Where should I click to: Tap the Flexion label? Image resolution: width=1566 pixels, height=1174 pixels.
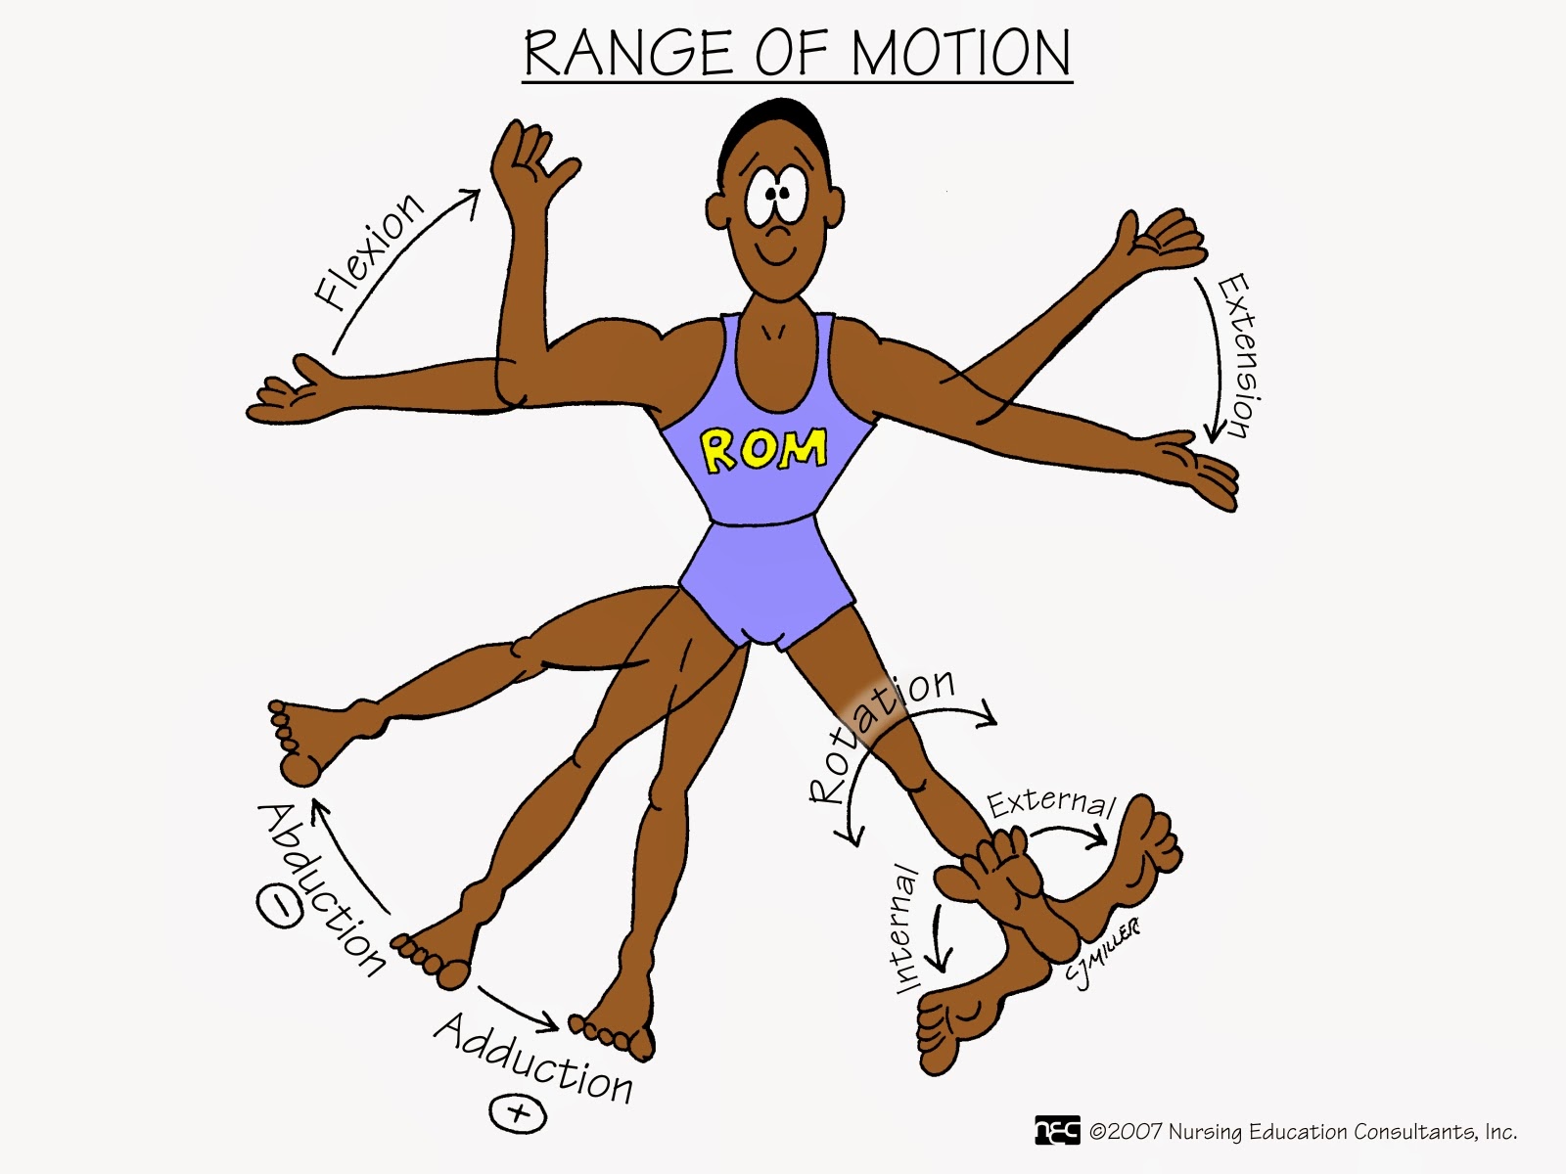pos(368,252)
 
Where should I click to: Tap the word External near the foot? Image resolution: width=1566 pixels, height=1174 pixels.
pos(1050,802)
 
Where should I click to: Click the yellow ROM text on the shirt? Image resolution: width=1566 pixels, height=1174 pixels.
pos(763,449)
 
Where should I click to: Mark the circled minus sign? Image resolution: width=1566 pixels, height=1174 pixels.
pos(280,907)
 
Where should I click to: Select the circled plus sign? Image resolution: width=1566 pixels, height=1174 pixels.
pos(518,1113)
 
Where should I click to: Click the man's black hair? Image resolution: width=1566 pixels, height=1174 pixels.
pos(773,127)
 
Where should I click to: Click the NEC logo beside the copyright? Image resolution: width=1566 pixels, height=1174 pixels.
pos(1057,1131)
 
